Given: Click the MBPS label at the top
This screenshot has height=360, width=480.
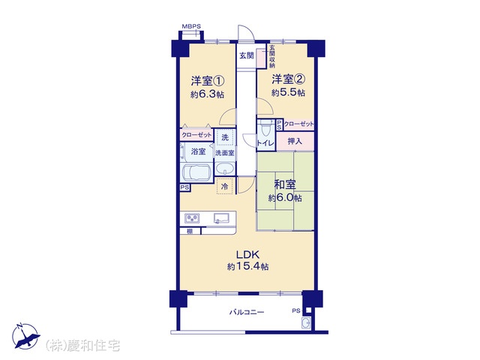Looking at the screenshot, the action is (x=191, y=26).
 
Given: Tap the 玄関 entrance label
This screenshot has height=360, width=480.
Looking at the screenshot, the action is (x=247, y=55).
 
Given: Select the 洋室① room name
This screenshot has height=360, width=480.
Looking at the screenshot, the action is (x=208, y=81).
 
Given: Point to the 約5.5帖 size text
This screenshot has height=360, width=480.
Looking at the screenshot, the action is (x=288, y=92).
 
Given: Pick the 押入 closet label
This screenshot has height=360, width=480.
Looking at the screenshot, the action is (x=295, y=141).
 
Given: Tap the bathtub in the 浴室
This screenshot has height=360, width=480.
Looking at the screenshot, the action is (x=196, y=173).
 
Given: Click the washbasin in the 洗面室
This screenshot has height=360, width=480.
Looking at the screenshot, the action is (x=225, y=169).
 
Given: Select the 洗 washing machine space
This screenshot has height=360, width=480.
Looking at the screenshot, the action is (x=225, y=137).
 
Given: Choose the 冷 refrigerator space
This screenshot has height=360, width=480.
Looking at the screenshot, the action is (x=225, y=186).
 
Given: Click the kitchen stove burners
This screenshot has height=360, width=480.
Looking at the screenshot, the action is (x=192, y=218).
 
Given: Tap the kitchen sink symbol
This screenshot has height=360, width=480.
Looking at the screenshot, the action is (x=221, y=218).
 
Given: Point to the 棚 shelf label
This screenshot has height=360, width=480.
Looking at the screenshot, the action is (x=190, y=232).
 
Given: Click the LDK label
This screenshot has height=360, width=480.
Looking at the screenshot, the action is (x=248, y=255).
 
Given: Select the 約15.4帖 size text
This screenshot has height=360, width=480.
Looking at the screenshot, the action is (x=248, y=267).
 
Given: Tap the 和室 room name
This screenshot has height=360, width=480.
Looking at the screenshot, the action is (x=285, y=184).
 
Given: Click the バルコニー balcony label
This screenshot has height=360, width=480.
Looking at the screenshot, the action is (x=247, y=312).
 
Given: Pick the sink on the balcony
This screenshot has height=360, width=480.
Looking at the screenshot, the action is (x=306, y=323).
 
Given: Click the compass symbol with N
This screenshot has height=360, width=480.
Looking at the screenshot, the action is (x=25, y=336).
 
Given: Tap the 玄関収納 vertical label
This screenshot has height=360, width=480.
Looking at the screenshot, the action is (x=272, y=57).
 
